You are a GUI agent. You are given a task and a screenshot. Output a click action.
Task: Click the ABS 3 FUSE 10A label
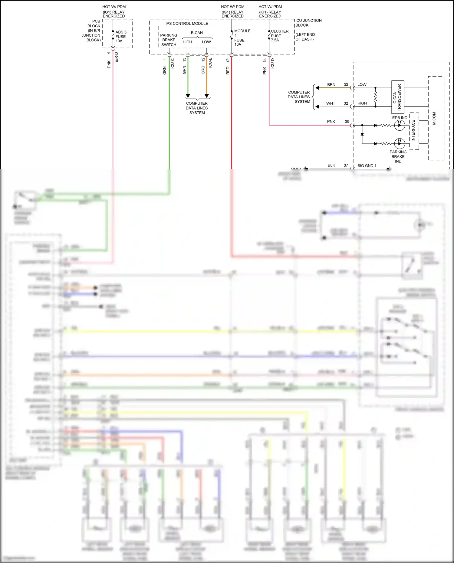121,37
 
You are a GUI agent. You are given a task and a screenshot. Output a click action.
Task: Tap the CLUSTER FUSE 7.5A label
279,35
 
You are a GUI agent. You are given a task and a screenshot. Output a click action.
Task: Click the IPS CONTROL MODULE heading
187,23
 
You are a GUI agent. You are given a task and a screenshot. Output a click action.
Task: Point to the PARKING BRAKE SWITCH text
169,40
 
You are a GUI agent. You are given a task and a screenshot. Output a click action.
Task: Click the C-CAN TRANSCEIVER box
398,97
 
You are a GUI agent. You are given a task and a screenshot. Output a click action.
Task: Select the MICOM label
434,118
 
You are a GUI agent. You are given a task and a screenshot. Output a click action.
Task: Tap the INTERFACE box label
413,130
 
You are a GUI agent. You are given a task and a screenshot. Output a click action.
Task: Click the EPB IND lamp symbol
400,125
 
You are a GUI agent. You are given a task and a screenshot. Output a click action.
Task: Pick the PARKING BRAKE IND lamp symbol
400,143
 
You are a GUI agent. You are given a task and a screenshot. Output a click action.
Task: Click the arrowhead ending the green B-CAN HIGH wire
188,96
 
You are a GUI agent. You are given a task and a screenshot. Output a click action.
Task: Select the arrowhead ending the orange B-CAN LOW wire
207,96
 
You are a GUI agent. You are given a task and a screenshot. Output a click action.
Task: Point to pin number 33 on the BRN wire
346,85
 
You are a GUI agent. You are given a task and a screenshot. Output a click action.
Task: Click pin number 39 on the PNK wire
347,121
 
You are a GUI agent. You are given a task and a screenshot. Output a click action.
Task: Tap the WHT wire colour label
331,103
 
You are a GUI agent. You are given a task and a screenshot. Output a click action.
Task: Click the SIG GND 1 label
367,165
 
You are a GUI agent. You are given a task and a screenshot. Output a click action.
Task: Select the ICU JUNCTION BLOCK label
308,23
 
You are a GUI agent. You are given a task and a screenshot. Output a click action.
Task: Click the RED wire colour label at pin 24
228,70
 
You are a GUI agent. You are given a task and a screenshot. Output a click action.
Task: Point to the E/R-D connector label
117,57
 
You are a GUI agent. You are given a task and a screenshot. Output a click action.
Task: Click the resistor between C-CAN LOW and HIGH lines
375,97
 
